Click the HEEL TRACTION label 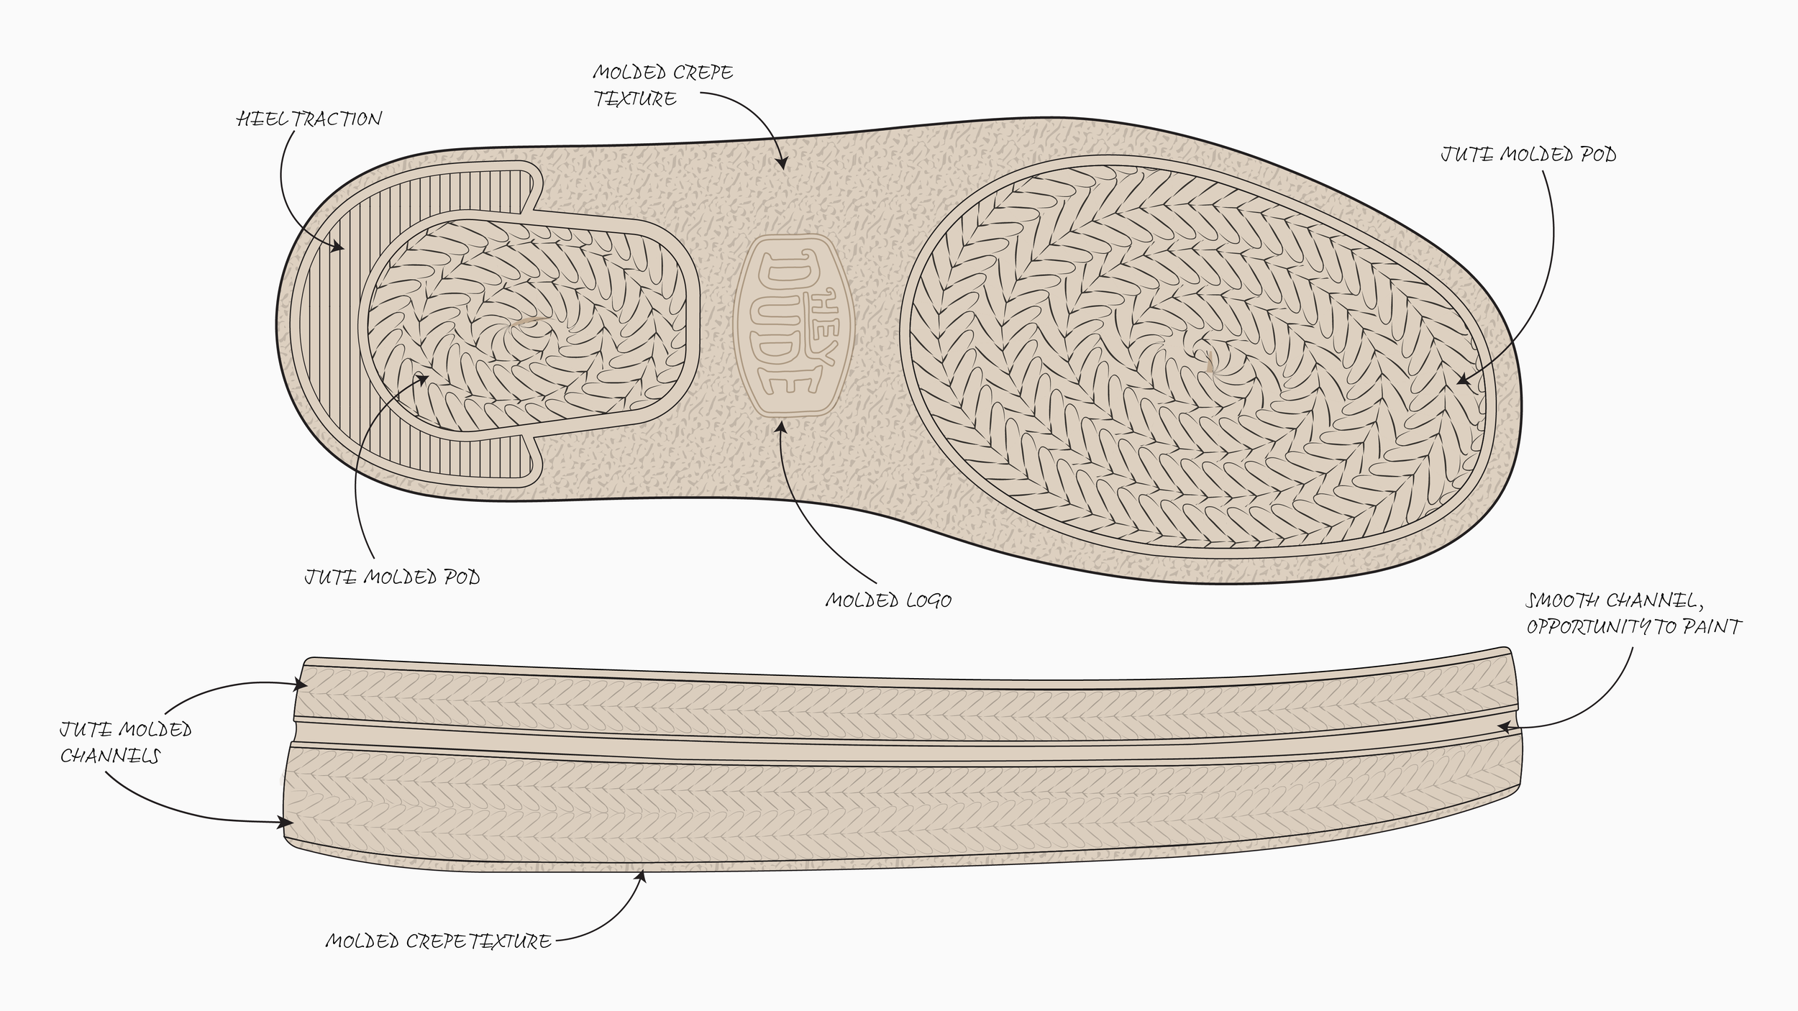click(x=309, y=119)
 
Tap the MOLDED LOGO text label click(x=888, y=600)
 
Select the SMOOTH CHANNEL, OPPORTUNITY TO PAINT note click(x=1633, y=613)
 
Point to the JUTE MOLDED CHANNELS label click(x=126, y=743)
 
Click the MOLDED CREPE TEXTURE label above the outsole click(x=662, y=86)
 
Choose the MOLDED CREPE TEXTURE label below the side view click(x=438, y=941)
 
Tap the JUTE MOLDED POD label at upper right click(x=1528, y=155)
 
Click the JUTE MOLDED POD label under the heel click(x=392, y=577)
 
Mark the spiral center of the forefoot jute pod click(x=1209, y=360)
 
